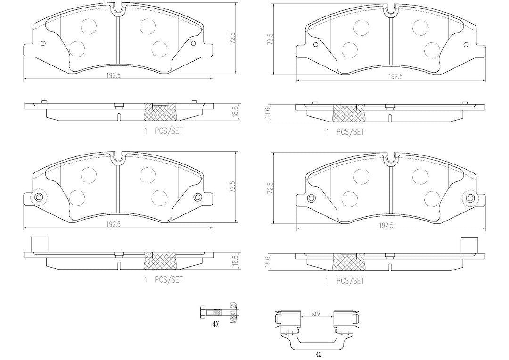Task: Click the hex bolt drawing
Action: click(211, 312)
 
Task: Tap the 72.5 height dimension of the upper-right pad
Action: click(268, 39)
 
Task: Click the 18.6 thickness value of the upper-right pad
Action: click(268, 114)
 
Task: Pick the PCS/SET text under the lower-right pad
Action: click(350, 281)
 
